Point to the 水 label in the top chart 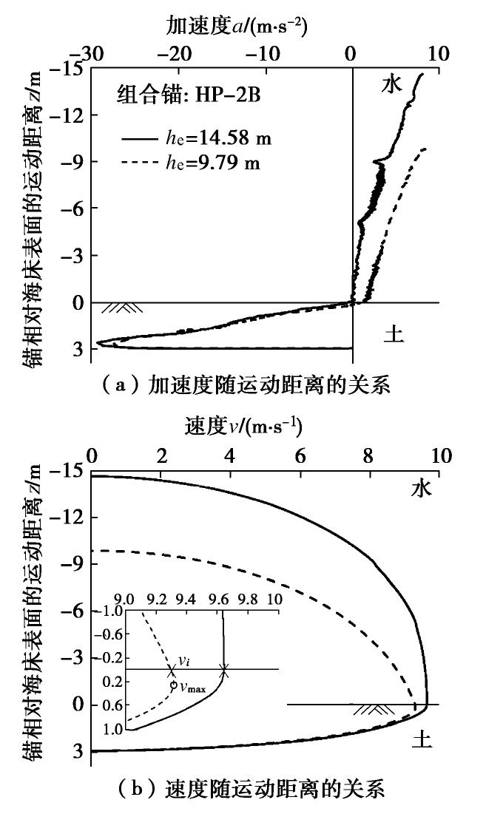[391, 85]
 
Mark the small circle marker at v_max [173, 685]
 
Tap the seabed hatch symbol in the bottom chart [374, 710]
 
